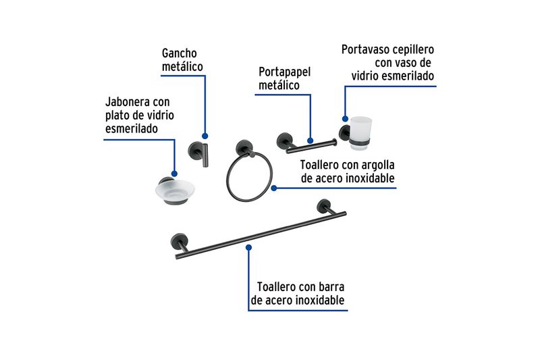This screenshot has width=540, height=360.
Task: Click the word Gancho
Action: [x=179, y=53]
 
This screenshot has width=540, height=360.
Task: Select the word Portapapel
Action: [x=284, y=72]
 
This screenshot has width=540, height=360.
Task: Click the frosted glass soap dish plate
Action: [x=175, y=190]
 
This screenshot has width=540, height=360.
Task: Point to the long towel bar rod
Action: [x=261, y=236]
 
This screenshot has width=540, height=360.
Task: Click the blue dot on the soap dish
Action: [x=174, y=174]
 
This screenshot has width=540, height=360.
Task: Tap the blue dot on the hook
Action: [x=205, y=136]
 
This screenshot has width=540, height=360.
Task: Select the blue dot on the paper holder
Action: [x=310, y=140]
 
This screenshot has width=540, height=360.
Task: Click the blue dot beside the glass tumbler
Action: [x=345, y=119]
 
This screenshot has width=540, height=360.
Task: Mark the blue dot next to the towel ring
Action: [x=274, y=188]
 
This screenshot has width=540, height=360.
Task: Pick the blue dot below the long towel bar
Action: [x=248, y=248]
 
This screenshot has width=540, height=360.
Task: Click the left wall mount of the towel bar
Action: [x=180, y=241]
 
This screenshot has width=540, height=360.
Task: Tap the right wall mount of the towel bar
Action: [x=324, y=206]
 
